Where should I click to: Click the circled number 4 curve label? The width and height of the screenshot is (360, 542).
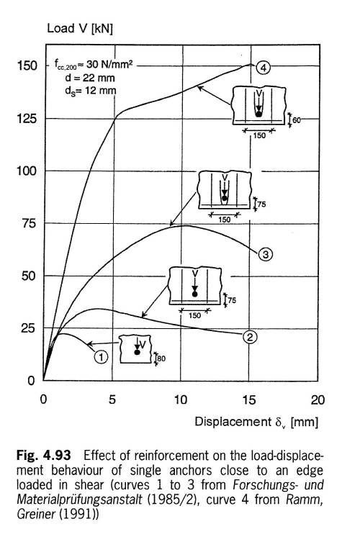(264, 68)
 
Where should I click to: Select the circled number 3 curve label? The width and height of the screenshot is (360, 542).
(265, 255)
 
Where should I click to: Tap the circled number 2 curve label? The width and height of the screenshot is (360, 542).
(250, 336)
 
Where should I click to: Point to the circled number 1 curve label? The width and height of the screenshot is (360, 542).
(101, 356)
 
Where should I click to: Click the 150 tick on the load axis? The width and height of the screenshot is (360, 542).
(27, 66)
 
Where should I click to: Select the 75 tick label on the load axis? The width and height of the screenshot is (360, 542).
(29, 223)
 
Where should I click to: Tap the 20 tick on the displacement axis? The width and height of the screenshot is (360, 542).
(318, 400)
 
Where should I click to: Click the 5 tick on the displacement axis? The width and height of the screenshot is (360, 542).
(112, 400)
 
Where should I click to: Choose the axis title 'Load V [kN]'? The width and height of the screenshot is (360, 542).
(80, 28)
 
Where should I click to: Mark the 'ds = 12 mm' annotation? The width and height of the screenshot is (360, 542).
(91, 91)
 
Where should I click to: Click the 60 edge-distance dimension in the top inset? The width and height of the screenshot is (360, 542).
(297, 120)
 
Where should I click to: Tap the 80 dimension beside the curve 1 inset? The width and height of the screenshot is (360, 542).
(161, 358)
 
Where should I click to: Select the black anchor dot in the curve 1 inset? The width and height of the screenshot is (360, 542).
(137, 352)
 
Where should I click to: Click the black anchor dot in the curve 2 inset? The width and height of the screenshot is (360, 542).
(194, 294)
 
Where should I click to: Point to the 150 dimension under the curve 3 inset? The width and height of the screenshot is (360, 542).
(225, 220)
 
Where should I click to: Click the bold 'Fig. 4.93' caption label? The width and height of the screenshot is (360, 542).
(44, 455)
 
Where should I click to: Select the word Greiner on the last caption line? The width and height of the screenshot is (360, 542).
(36, 514)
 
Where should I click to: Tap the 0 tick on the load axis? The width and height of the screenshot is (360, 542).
(31, 381)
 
